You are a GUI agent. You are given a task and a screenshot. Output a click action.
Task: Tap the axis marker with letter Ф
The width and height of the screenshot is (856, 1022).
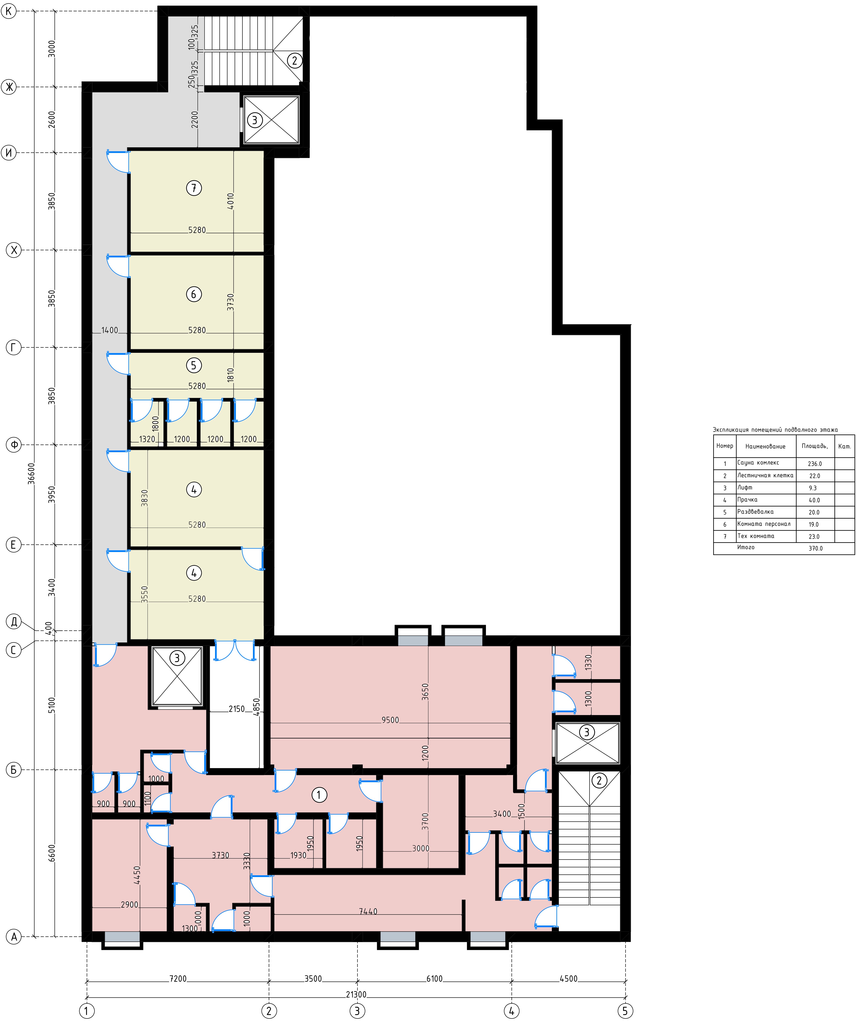[14, 445]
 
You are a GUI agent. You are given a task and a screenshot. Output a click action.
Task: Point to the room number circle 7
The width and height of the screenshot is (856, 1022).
[194, 188]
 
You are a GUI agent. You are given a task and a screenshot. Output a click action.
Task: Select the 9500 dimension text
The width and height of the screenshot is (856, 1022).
[390, 720]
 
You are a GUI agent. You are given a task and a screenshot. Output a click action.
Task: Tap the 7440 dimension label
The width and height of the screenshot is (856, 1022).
[368, 912]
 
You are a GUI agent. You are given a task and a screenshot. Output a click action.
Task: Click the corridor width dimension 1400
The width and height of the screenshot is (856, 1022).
[110, 330]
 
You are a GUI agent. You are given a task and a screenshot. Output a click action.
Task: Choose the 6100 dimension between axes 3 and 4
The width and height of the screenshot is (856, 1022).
[435, 979]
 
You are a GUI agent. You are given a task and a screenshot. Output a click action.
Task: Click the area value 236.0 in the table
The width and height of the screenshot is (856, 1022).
[815, 464]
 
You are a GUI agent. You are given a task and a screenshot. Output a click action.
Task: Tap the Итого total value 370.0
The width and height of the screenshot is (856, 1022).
[816, 548]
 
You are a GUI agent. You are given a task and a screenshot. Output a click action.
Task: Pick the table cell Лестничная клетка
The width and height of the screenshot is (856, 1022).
[765, 475]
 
